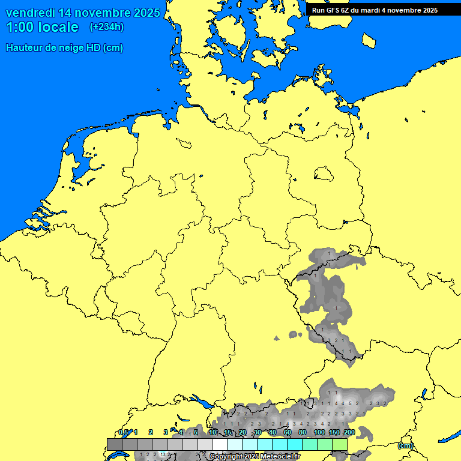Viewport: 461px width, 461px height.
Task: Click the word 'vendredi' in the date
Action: pyautogui.click(x=30, y=13)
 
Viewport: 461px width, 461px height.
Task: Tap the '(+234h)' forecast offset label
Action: pyautogui.click(x=107, y=27)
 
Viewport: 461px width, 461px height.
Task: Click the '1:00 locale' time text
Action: pyautogui.click(x=43, y=27)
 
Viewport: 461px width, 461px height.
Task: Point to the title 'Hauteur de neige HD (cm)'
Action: pyautogui.click(x=64, y=48)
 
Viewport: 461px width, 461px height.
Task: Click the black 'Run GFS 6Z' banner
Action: pyautogui.click(x=375, y=10)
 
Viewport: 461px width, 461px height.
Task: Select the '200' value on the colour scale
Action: pyautogui.click(x=349, y=433)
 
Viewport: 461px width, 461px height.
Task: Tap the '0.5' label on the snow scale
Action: pyautogui.click(x=124, y=433)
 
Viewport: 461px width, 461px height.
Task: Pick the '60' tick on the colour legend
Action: pyautogui.click(x=288, y=433)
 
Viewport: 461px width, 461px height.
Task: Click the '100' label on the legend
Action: pyautogui.click(x=319, y=433)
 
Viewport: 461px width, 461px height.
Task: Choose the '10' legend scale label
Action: pyautogui.click(x=212, y=433)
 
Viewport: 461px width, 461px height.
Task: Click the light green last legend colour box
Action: pyautogui.click(x=340, y=444)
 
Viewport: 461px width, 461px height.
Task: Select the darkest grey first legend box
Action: pyautogui.click(x=115, y=444)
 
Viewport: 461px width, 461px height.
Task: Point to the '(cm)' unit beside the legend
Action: pyautogui.click(x=405, y=445)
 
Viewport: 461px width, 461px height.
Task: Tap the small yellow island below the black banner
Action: pyautogui.click(x=369, y=40)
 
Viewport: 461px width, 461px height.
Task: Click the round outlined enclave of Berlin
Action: pyautogui.click(x=324, y=175)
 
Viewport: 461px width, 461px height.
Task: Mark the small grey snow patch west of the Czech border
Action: pyautogui.click(x=294, y=334)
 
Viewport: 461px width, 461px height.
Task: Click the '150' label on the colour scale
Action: pyautogui.click(x=334, y=433)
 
